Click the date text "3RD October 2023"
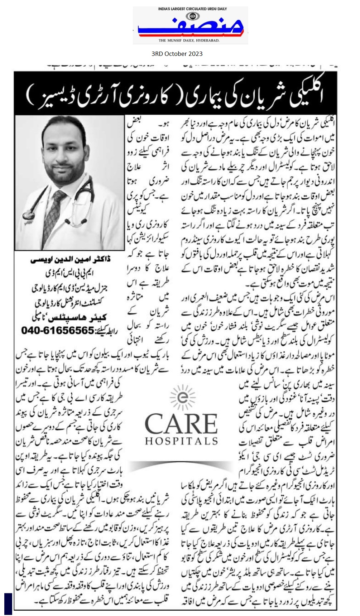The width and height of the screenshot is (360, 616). pyautogui.click(x=177, y=54)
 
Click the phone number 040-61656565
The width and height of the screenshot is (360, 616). pyautogui.click(x=57, y=330)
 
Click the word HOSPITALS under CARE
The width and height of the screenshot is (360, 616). pyautogui.click(x=181, y=441)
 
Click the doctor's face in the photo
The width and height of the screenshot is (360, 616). pyautogui.click(x=63, y=150)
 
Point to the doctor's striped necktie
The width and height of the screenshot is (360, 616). pyautogui.click(x=55, y=211)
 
